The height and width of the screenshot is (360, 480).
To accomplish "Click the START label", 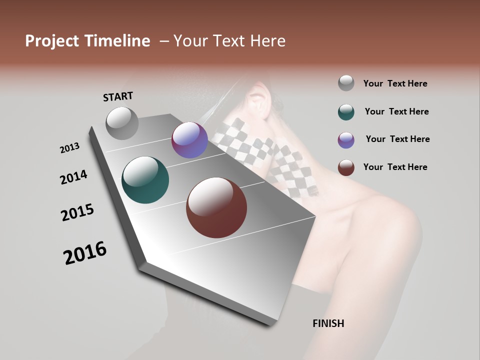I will pos(118,96).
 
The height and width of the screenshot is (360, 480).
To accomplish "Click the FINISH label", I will pos(328,323).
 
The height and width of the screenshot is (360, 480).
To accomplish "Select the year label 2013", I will pos(69,148).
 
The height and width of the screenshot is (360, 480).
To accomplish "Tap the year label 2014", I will pos(73,177).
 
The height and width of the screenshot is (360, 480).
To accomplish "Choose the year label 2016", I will pos(85,253).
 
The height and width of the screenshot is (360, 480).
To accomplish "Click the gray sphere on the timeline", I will pos(122,123).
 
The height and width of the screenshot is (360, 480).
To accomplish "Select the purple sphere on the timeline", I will pos(189,140).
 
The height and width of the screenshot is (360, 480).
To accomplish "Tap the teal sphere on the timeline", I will pos(145,180).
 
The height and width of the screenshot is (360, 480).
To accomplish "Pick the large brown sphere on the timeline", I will pos(216,207).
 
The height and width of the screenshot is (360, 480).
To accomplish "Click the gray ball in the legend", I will pos(346,83).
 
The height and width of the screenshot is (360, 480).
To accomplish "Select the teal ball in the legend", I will pos(346,111).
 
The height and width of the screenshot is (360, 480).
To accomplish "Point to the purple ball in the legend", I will pos(346,139).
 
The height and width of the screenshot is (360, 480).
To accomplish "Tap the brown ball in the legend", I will pos(346,167).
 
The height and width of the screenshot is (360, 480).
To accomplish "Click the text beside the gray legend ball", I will pos(395,83).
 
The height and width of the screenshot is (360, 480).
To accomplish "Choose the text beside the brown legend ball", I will pos(395,167).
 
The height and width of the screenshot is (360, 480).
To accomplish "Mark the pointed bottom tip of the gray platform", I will pos(270,324).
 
